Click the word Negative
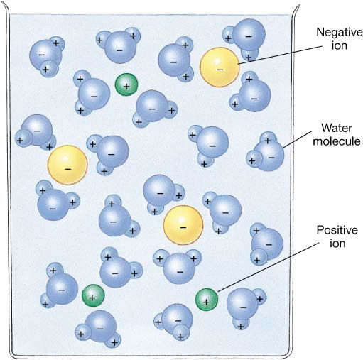[x=340, y=33]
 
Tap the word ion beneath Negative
[x=340, y=45]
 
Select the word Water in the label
[x=337, y=128]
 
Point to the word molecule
[x=337, y=141]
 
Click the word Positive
[x=337, y=230]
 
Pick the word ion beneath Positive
[x=337, y=244]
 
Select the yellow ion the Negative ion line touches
[x=220, y=67]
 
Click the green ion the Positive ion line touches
[x=207, y=299]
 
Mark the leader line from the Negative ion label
[x=281, y=55]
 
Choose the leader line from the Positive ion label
[x=268, y=267]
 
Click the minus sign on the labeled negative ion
[x=220, y=70]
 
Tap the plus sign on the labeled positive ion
[x=206, y=302]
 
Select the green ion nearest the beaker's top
[x=126, y=84]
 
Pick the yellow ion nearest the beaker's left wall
[x=67, y=165]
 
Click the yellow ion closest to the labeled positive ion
[x=183, y=225]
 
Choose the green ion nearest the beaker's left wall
[x=93, y=295]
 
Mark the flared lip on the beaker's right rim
[x=296, y=9]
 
